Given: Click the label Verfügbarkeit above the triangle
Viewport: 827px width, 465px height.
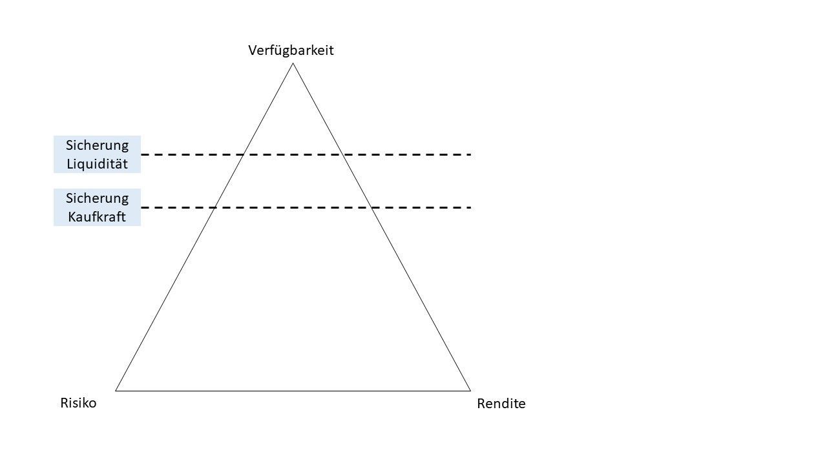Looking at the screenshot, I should pos(291,50).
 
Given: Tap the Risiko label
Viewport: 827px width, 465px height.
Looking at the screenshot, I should pos(78,403).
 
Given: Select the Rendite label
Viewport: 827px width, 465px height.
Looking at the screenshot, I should pos(501,404).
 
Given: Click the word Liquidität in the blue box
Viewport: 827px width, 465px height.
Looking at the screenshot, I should pos(97,164).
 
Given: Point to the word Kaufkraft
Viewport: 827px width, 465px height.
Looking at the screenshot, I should pos(97,216).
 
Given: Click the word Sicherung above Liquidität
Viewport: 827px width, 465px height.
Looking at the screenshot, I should pos(97,145).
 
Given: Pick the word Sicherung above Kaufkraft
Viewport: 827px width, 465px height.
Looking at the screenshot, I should pos(97,198).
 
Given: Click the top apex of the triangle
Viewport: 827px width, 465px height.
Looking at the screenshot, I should pos(293,64).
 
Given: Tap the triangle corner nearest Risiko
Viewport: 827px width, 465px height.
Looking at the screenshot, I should pos(116,391).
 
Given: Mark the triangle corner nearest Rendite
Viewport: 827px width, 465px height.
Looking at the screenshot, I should pos(470,391).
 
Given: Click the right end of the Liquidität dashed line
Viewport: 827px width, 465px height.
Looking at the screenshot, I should pos(471,155).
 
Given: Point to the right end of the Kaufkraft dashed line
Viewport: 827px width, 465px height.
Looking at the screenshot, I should pos(471,207).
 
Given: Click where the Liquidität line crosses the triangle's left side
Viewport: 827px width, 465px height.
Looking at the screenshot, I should pos(244,155).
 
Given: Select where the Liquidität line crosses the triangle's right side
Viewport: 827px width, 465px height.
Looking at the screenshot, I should pos(342,155).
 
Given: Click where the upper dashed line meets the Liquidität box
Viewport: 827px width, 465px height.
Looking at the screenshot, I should pos(141,155).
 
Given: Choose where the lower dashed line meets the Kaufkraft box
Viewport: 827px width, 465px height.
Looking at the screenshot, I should pos(141,207).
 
